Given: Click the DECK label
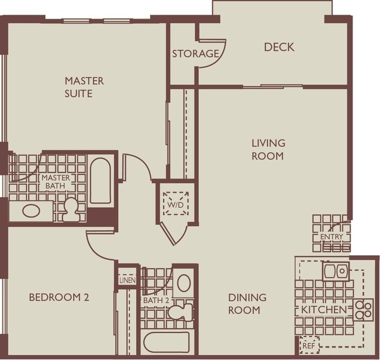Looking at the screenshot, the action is [x=279, y=47].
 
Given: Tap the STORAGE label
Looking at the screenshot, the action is [x=195, y=54].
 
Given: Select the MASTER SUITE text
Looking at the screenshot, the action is [x=84, y=87].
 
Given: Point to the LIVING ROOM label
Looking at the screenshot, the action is [x=268, y=149].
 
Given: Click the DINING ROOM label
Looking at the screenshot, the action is [x=247, y=304].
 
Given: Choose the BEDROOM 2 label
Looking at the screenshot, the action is [x=59, y=297].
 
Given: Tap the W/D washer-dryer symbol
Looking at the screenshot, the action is [x=176, y=203].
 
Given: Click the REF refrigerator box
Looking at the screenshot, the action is [x=309, y=345].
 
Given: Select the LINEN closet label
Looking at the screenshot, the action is [x=127, y=280].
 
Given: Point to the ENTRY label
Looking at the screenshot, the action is [x=331, y=236].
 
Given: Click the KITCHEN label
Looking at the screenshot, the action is [x=324, y=310].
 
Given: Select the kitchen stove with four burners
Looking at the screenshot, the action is [x=363, y=310].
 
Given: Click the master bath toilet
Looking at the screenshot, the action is [x=71, y=210].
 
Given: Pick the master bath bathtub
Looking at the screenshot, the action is [x=101, y=181].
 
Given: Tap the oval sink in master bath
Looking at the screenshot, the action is [x=31, y=211].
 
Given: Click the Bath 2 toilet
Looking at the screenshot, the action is [x=180, y=311].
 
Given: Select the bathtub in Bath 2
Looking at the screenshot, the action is [x=167, y=342].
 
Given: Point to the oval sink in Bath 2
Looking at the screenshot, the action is [x=184, y=283].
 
